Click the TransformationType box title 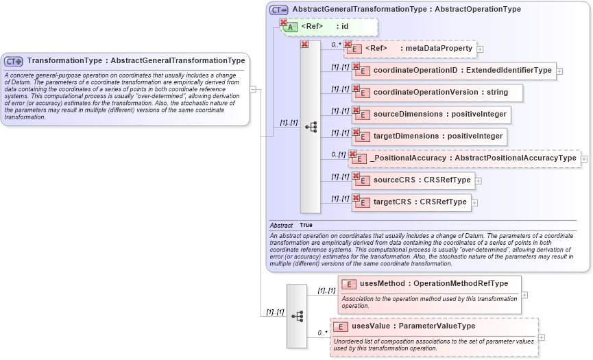point(136,61)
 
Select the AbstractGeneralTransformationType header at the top point(406,10)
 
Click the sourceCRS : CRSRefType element point(417,180)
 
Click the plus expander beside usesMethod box point(524,295)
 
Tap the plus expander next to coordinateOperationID point(559,71)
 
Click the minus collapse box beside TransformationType point(253,89)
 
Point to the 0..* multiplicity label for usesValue point(322,333)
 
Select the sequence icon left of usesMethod point(297,316)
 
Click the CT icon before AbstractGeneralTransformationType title point(278,10)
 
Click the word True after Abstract point(306,225)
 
